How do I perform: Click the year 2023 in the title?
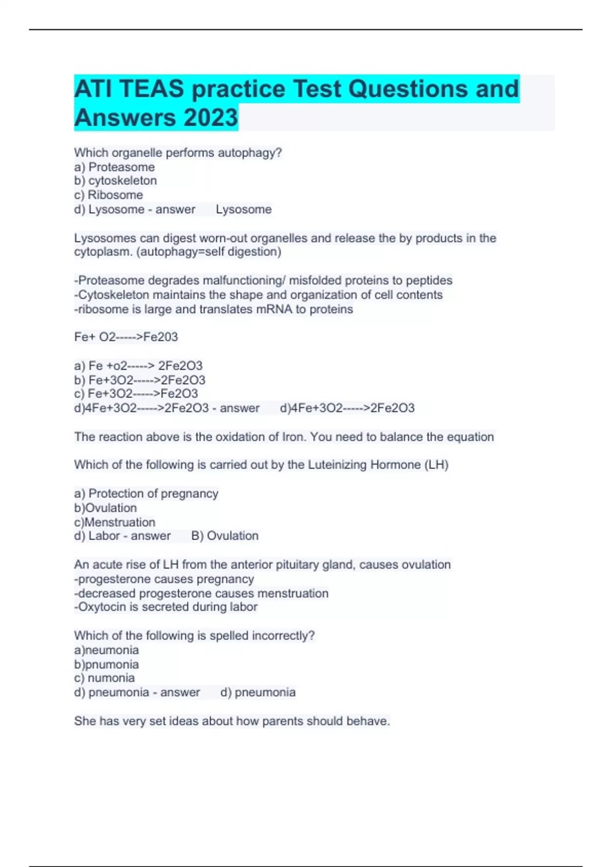(211, 117)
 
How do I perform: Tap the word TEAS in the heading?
(151, 89)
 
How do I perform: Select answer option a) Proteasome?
(114, 167)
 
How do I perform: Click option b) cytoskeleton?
(115, 181)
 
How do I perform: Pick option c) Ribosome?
(109, 195)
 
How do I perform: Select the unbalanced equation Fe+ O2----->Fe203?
(126, 337)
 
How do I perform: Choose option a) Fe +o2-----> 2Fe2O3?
(138, 366)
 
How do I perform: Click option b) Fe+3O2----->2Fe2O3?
(140, 380)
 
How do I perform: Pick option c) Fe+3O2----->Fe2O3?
(136, 394)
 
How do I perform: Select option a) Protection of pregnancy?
(146, 494)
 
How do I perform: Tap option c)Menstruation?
(115, 522)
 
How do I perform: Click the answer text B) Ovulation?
(225, 536)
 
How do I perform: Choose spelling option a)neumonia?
(107, 650)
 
